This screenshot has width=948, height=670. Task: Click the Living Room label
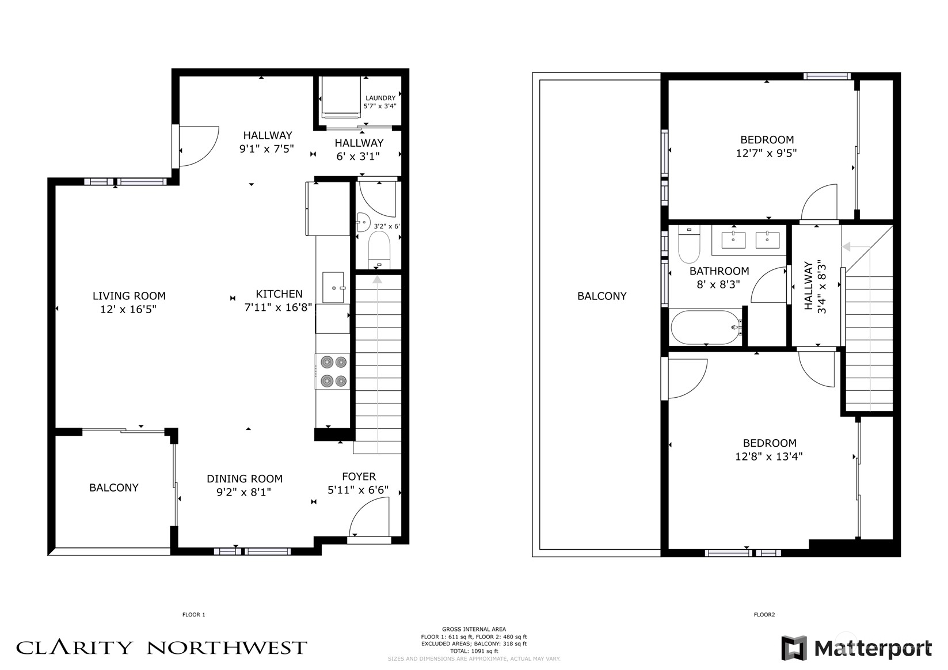point(129,296)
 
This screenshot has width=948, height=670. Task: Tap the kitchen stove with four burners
point(333,372)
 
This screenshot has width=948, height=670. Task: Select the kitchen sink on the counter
point(334,288)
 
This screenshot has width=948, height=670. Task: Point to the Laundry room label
point(380,98)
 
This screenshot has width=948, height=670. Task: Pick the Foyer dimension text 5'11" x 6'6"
point(358,490)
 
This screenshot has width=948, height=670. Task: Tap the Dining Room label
point(245,479)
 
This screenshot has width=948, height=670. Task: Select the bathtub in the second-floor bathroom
point(706,328)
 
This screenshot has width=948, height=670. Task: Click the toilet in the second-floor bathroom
point(689,244)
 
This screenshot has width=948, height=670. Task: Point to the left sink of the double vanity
point(733,240)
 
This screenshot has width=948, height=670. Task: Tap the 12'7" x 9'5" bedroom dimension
point(766,153)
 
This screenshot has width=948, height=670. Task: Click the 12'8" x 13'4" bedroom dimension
point(769,456)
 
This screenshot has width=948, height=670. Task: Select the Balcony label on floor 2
point(602,296)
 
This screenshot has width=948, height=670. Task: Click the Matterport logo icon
point(794,648)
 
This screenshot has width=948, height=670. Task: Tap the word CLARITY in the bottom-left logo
point(74,648)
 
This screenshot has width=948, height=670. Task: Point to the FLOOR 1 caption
point(194,615)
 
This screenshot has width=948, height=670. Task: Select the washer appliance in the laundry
point(341,97)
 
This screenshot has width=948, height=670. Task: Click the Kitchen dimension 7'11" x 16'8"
point(279,307)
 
